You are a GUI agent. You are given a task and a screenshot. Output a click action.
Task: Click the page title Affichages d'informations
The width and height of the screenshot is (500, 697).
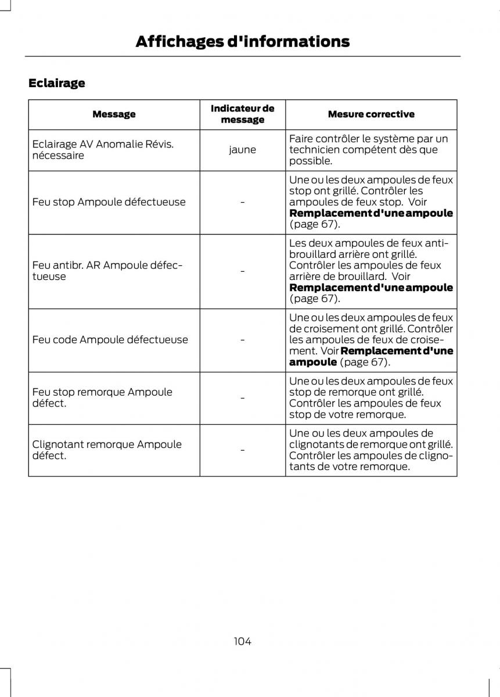click(x=242, y=41)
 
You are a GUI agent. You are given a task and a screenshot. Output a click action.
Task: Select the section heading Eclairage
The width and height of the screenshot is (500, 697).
click(x=56, y=83)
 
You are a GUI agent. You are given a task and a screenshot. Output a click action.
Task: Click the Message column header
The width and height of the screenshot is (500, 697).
click(x=114, y=114)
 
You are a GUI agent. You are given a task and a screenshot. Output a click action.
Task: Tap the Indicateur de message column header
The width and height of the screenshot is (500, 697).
click(x=242, y=114)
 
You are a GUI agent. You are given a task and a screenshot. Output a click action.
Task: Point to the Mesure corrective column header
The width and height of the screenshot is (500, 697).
click(x=370, y=114)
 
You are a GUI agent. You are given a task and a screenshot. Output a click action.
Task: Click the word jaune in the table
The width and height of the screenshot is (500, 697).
click(x=242, y=150)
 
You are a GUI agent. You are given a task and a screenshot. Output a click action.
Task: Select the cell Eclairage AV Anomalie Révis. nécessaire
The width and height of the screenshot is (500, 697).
click(x=103, y=150)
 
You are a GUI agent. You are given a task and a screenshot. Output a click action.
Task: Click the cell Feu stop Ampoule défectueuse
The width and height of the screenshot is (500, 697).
click(x=109, y=202)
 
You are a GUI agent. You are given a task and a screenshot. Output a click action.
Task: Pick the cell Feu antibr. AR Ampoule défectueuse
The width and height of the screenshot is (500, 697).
click(x=107, y=271)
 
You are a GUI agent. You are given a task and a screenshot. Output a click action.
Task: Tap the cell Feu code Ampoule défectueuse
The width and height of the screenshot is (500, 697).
click(x=110, y=340)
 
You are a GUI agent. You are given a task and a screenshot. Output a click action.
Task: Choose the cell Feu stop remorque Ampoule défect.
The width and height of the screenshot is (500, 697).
click(x=102, y=397)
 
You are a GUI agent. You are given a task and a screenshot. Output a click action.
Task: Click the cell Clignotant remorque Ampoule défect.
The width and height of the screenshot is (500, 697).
click(x=107, y=450)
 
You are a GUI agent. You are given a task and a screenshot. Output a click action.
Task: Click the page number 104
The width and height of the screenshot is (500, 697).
click(x=242, y=641)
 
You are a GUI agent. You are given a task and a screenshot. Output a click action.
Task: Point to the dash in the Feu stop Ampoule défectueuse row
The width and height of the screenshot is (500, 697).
click(x=242, y=202)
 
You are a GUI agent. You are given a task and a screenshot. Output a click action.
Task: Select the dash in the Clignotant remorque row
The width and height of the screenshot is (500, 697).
click(x=242, y=450)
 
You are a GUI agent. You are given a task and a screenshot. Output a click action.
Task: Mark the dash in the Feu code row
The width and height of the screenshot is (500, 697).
click(x=242, y=340)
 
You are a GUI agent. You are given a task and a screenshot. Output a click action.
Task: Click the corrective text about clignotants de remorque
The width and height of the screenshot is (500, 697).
click(x=370, y=450)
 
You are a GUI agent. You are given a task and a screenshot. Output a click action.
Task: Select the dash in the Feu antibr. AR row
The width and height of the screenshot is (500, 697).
click(x=242, y=271)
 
